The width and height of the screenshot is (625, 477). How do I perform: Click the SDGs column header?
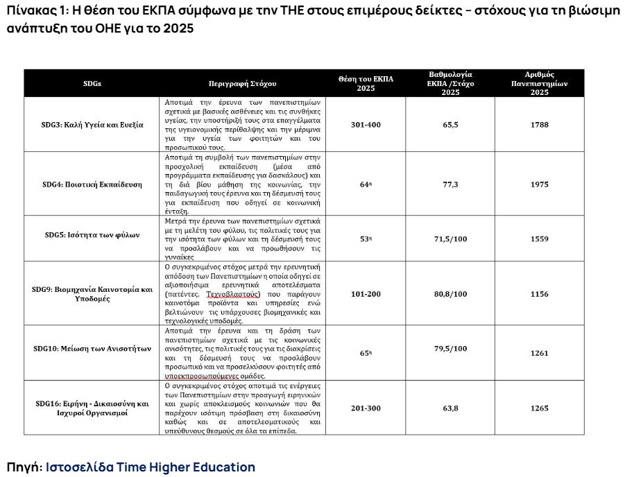92,83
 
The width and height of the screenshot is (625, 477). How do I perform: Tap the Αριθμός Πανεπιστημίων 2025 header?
539,83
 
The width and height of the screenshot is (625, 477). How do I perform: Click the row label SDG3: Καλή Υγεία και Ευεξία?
92,125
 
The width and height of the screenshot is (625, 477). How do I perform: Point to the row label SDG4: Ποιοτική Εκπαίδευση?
92,184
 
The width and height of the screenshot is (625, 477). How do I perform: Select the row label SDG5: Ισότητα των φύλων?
92,235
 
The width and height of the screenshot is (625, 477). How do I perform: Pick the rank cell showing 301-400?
366,125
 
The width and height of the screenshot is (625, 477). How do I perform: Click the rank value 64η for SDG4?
366,184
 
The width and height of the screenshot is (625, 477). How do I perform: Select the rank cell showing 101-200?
366,293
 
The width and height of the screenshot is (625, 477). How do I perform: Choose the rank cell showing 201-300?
366,408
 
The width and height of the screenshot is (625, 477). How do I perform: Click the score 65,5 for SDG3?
451,125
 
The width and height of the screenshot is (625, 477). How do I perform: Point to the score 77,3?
451,184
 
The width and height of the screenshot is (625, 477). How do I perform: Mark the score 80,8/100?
451,293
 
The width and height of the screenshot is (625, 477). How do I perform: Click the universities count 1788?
539,125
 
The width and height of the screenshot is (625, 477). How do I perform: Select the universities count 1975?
539,184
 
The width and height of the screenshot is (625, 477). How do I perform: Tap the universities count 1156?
539,293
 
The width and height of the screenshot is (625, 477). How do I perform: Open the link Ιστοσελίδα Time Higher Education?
150,467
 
